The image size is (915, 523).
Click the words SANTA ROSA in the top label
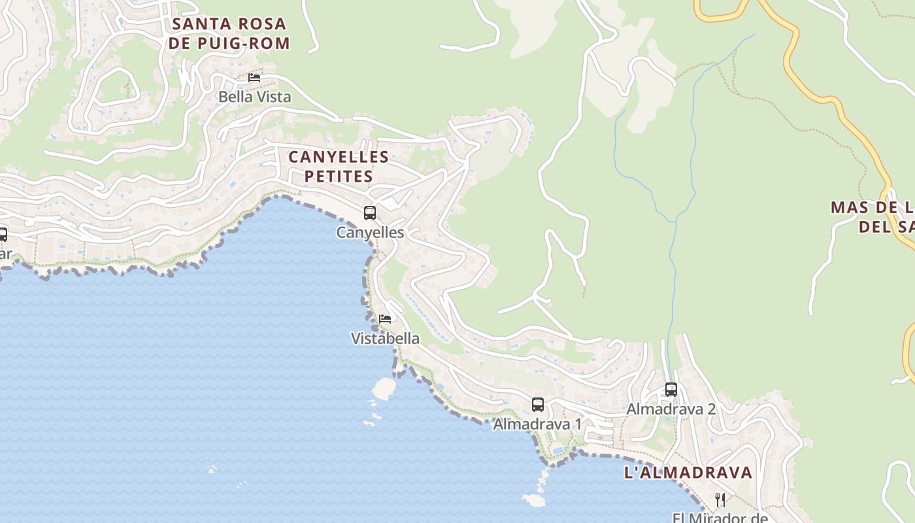click(229, 24)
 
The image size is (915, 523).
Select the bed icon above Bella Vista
click(254, 77)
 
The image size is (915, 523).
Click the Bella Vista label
click(254, 97)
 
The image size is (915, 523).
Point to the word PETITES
click(339, 177)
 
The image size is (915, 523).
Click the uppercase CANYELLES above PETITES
click(339, 158)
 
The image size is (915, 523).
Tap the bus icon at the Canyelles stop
click(370, 213)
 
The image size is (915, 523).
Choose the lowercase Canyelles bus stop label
click(370, 233)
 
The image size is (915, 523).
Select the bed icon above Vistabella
click(385, 319)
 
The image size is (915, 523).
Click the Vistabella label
click(385, 339)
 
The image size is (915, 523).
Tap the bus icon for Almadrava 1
click(537, 405)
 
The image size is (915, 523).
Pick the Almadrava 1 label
click(537, 424)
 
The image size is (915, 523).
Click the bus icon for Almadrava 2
click(671, 390)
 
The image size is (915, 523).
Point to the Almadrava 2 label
click(671, 409)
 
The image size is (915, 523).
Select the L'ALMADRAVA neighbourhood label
click(688, 473)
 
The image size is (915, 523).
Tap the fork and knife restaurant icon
click(720, 500)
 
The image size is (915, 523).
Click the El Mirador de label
click(720, 517)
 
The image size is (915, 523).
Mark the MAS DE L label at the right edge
click(872, 208)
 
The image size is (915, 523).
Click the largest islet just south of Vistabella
click(384, 389)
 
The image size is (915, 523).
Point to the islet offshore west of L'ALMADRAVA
click(534, 500)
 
